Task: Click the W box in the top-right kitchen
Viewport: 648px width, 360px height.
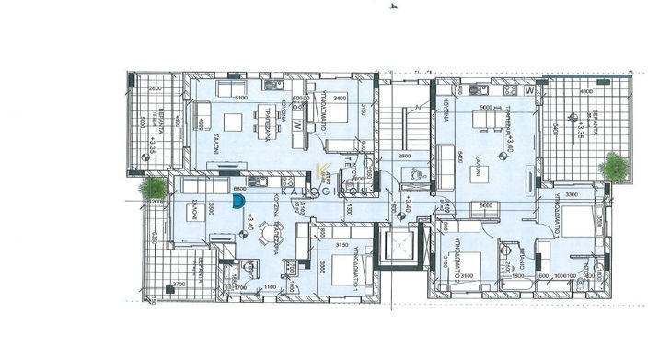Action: pyautogui.click(x=529, y=92)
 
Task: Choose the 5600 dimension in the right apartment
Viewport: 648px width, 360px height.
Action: pyautogui.click(x=487, y=205)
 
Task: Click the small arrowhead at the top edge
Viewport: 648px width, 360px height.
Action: pyautogui.click(x=394, y=6)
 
